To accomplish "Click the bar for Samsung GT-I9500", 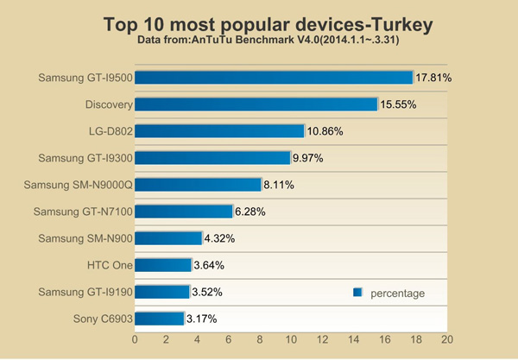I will pyautogui.click(x=274, y=78).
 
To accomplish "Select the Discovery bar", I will pyautogui.click(x=256, y=104).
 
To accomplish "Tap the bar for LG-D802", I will pyautogui.click(x=219, y=131).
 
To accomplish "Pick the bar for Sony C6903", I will pyautogui.click(x=159, y=319).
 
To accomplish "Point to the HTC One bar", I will pyautogui.click(x=162, y=265).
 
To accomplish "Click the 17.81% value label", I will pyautogui.click(x=434, y=78).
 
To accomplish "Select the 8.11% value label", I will pyautogui.click(x=281, y=185).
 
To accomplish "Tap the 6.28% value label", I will pyautogui.click(x=252, y=212).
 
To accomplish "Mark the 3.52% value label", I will pyautogui.click(x=209, y=292).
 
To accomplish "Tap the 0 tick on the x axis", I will pyautogui.click(x=135, y=341).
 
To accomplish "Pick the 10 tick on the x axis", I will pyautogui.click(x=291, y=341).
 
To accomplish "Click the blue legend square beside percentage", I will pyautogui.click(x=357, y=294).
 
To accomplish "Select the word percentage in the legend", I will pyautogui.click(x=397, y=294).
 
